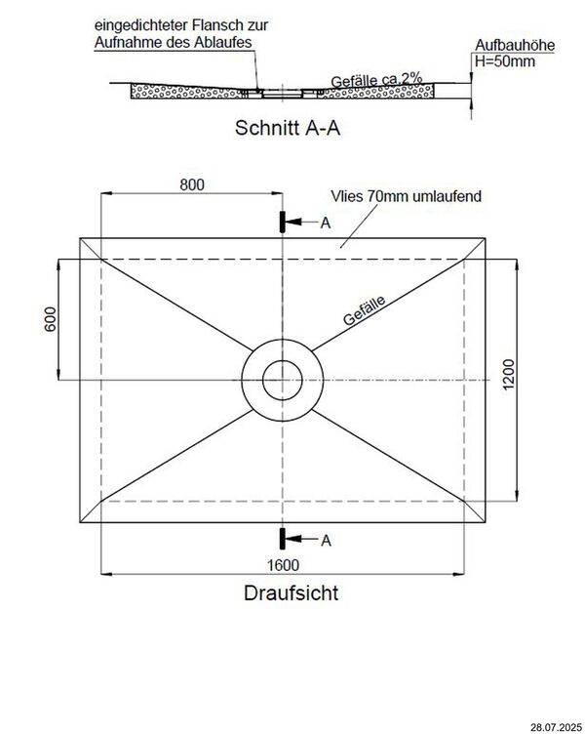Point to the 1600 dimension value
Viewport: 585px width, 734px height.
283,564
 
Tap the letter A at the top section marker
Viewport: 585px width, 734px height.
326,223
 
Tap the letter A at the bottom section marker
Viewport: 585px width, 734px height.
326,539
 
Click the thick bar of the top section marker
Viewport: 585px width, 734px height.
283,223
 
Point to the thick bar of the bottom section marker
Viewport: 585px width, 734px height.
283,538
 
